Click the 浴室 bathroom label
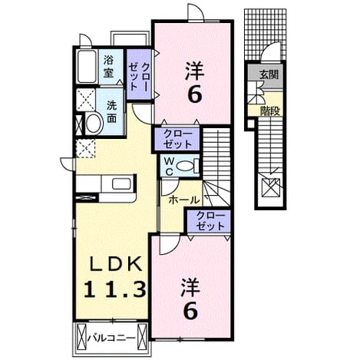pyautogui.click(x=108, y=67)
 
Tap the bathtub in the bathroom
pyautogui.click(x=87, y=67)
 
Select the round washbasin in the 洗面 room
pyautogui.click(x=93, y=123)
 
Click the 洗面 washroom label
pyautogui.click(x=112, y=112)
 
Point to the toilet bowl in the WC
pyautogui.click(x=188, y=165)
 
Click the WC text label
pyautogui.click(x=168, y=167)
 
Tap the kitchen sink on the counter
pyautogui.click(x=121, y=183)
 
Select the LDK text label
pyautogui.click(x=115, y=263)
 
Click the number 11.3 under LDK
pyautogui.click(x=115, y=289)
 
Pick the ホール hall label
pyautogui.click(x=184, y=200)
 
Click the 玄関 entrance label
pyautogui.click(x=269, y=75)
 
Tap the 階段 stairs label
pyautogui.click(x=270, y=111)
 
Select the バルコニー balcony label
pyautogui.click(x=111, y=339)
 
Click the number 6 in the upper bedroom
pyautogui.click(x=195, y=94)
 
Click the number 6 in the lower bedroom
pyautogui.click(x=190, y=311)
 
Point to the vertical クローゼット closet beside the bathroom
pyautogui.click(x=139, y=74)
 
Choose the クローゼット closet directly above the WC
pyautogui.click(x=177, y=139)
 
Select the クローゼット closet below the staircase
pyautogui.click(x=209, y=221)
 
